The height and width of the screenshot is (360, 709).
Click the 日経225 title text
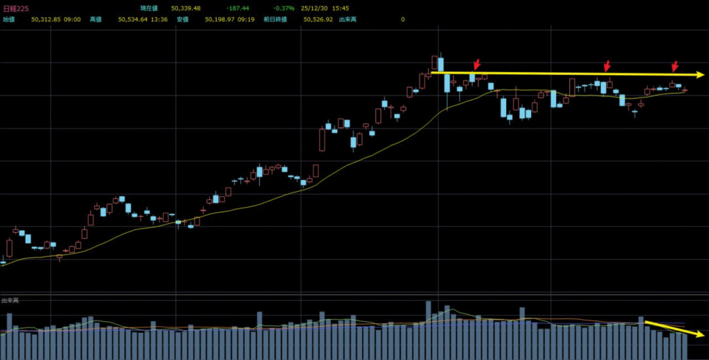[15, 8]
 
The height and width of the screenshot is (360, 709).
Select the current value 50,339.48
[186, 8]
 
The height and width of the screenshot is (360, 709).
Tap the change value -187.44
[237, 8]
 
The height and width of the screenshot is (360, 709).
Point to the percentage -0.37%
[284, 8]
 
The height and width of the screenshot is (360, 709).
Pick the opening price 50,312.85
[46, 19]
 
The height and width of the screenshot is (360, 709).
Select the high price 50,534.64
[133, 19]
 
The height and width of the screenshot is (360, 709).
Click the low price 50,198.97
[220, 19]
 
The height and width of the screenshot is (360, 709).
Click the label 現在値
[150, 8]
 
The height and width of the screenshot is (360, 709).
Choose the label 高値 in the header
[96, 19]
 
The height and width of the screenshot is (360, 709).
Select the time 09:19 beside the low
[250, 19]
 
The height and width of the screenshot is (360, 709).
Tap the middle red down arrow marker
[607, 66]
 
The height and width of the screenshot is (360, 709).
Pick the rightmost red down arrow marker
[674, 66]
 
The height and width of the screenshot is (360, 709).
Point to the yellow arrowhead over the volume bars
[700, 334]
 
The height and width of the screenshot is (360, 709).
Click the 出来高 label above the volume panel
[10, 300]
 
